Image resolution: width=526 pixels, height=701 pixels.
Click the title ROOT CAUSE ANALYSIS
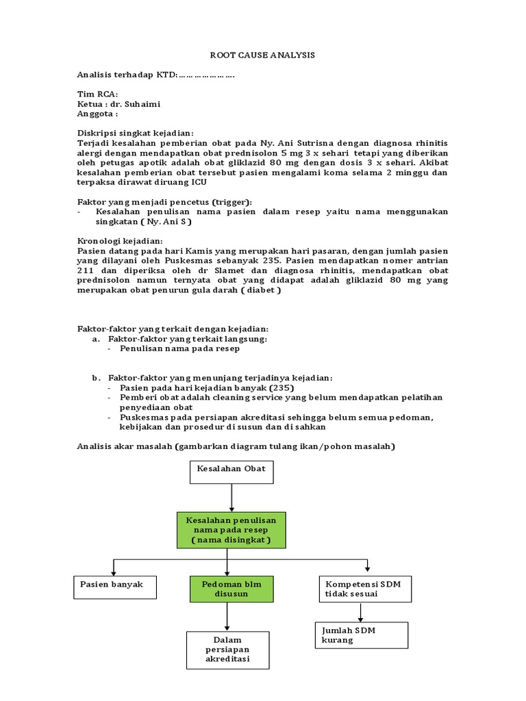coord(262,55)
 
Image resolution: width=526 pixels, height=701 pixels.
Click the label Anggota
coord(97,114)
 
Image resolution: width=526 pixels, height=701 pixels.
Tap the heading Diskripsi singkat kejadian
coord(136,133)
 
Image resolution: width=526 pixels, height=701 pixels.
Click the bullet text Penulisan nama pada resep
coord(179,348)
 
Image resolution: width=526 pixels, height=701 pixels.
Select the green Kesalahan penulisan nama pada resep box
coord(231,531)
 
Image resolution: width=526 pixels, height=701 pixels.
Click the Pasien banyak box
coord(114,587)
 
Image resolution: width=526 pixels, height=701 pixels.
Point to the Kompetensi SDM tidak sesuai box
coord(364,588)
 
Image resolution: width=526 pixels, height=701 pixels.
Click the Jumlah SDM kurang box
coord(361,635)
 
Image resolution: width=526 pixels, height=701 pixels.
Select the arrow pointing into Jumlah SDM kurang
coord(361,612)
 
